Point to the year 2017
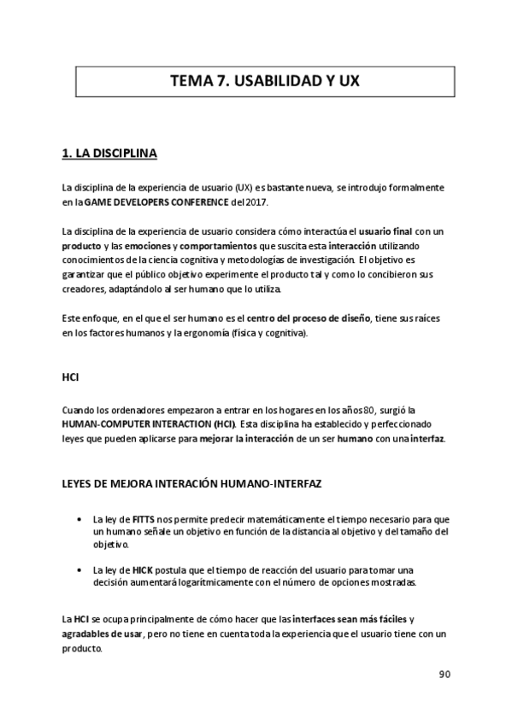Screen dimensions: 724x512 pos(256,201)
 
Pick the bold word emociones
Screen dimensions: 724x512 pos(139,246)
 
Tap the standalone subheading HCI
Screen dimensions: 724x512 pos(71,376)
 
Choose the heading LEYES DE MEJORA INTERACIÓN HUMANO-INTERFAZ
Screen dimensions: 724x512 pos(191,483)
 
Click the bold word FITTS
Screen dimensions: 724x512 pos(144,520)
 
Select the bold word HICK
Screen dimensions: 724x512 pos(144,569)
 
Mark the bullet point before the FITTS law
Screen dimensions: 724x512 pos(79,520)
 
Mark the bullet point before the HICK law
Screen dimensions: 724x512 pos(79,569)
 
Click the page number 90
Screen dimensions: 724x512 pos(444,673)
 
